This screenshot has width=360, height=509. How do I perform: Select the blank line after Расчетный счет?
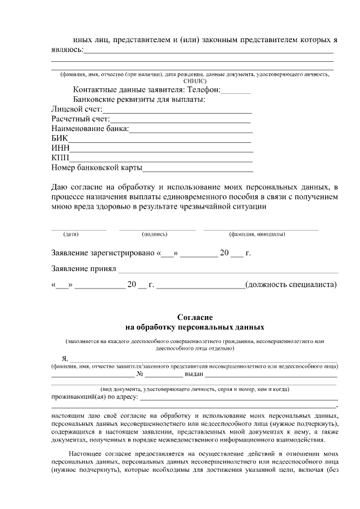pos(180,120)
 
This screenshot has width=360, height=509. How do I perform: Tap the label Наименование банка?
pos(90,129)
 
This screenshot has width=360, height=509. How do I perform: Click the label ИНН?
pos(60,148)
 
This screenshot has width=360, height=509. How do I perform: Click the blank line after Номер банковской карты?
pos(197,168)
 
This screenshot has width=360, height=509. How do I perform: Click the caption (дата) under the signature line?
pos(71,234)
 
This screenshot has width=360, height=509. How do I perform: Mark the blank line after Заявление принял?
pos(228,270)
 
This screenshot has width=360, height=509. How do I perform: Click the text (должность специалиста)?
pos(291,285)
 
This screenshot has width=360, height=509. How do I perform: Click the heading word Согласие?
pos(195,317)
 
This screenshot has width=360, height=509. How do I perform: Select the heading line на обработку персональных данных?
pos(195,327)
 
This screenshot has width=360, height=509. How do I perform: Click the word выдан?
pos(193,374)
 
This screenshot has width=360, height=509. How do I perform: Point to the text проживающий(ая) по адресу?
pos(94,398)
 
